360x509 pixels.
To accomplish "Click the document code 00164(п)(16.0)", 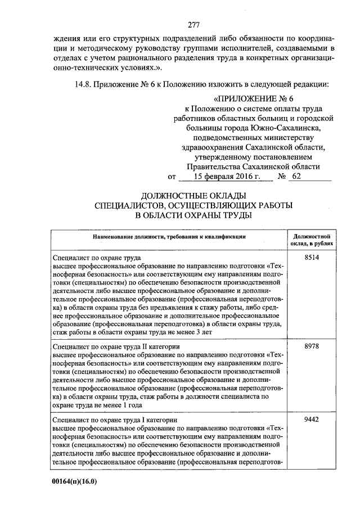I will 75,482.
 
